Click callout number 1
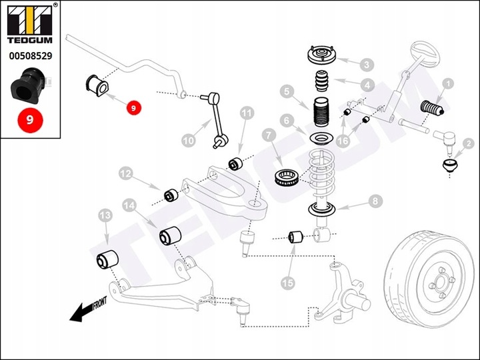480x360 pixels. tap(448, 84)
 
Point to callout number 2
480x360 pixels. tap(468, 143)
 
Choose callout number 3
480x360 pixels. tap(367, 65)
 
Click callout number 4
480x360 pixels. tap(367, 85)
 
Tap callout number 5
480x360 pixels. tap(287, 91)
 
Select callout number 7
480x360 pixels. tap(269, 137)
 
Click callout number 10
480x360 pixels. tap(189, 141)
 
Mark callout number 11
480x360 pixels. tap(247, 113)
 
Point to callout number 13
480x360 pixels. tap(105, 215)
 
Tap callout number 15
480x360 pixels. tap(287, 283)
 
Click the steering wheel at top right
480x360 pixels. tap(421, 53)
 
